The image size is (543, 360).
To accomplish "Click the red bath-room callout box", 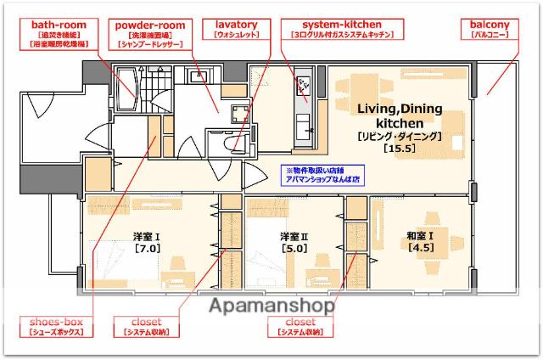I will (59, 32).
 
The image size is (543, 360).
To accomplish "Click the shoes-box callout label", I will (54, 328).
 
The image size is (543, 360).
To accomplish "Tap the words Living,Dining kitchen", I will (398, 116).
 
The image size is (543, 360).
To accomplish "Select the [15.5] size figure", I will (398, 149).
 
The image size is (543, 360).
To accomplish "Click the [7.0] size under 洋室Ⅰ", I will (147, 249).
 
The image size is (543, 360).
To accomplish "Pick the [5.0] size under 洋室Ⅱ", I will (294, 249).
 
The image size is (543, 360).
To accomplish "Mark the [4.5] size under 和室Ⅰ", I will (422, 248).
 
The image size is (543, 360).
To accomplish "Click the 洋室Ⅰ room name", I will (147, 236).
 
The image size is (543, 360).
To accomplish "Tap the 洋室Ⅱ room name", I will (294, 236).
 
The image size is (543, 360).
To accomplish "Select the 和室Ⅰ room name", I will (422, 235).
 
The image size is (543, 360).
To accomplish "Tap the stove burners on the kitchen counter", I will (304, 86).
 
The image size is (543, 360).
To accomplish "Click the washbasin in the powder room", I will (201, 76).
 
